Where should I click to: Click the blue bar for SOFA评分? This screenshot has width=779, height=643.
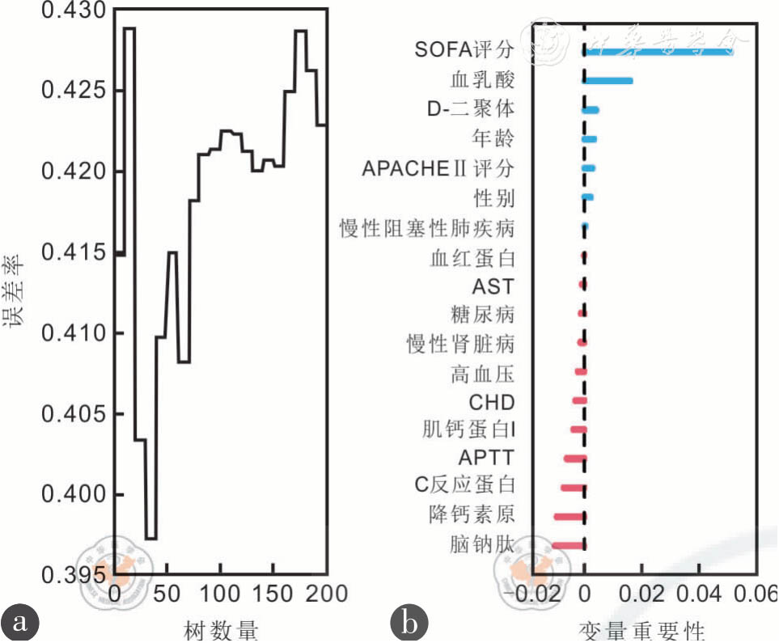pos(658,51)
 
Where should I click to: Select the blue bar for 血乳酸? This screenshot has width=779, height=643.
pos(608,80)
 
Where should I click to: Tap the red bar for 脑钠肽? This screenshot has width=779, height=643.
pos(568,545)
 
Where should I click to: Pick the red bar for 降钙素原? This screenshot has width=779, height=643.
pos(569,516)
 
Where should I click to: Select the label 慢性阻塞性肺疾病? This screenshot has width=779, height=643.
pos(426,228)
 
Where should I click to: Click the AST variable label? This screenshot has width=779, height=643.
pos(493,287)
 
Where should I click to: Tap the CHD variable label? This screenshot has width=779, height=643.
pos(492,402)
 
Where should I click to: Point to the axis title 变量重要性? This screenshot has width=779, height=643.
pos(642,629)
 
